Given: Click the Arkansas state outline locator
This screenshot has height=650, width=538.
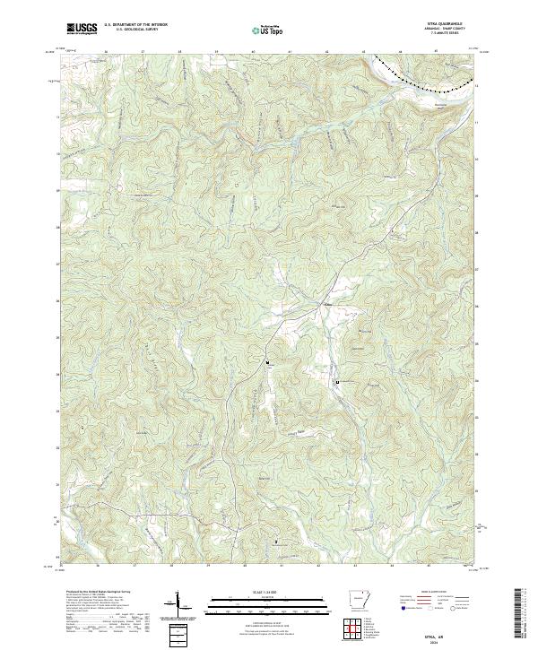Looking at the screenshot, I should click(360, 602).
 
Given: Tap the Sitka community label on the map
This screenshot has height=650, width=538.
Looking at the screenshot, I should click(326, 305).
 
